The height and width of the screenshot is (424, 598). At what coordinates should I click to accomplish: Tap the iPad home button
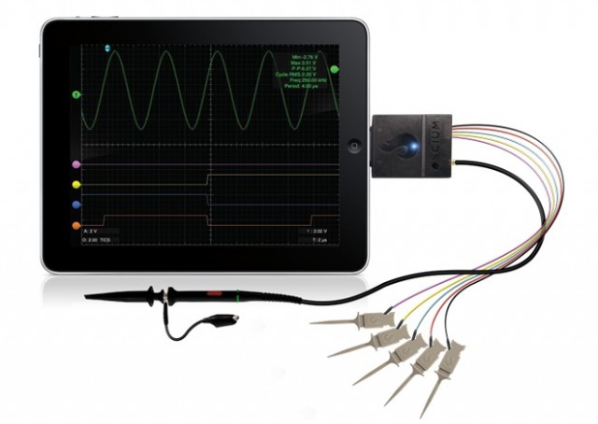354,146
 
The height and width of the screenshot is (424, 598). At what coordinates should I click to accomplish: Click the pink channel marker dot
76,164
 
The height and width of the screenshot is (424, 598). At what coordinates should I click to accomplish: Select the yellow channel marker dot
76,184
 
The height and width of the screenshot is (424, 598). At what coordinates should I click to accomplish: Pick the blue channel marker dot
76,204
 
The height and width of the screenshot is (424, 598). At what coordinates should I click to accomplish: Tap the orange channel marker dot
76,226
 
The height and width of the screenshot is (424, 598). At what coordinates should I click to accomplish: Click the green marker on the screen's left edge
76,94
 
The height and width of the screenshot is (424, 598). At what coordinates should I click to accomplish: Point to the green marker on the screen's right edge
335,69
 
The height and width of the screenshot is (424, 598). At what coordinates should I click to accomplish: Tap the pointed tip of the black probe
89,298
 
